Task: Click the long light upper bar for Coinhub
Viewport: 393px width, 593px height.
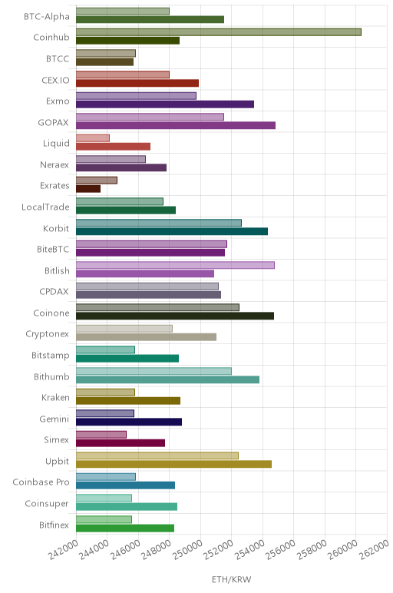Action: click(x=219, y=32)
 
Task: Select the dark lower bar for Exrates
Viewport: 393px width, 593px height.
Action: click(x=88, y=189)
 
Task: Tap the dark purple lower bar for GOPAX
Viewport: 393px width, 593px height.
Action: click(x=176, y=125)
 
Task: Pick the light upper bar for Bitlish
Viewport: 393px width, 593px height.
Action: click(x=175, y=265)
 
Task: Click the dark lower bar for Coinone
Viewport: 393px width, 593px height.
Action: click(x=175, y=316)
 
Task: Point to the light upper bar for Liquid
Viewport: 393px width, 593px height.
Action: click(x=93, y=138)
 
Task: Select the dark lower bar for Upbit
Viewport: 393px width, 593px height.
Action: click(x=173, y=464)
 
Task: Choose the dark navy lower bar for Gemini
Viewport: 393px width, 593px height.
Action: click(x=129, y=422)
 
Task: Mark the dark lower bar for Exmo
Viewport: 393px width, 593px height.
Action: click(x=165, y=104)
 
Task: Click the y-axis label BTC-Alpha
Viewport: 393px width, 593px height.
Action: click(x=47, y=17)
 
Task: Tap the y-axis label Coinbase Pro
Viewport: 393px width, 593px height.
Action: click(x=41, y=482)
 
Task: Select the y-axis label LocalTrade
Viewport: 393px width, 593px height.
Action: click(x=45, y=207)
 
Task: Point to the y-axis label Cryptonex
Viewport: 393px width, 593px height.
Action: click(x=48, y=334)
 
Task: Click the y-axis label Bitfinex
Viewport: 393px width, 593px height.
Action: click(x=54, y=525)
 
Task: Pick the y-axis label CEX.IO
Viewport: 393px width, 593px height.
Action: click(x=55, y=80)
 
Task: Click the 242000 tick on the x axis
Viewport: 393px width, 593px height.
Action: click(x=63, y=549)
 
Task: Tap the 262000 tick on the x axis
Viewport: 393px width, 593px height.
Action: click(x=374, y=549)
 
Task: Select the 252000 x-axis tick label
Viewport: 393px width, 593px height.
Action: click(x=219, y=549)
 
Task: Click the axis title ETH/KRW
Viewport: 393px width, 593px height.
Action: click(x=231, y=579)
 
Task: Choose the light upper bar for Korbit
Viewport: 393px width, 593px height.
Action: click(x=159, y=223)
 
